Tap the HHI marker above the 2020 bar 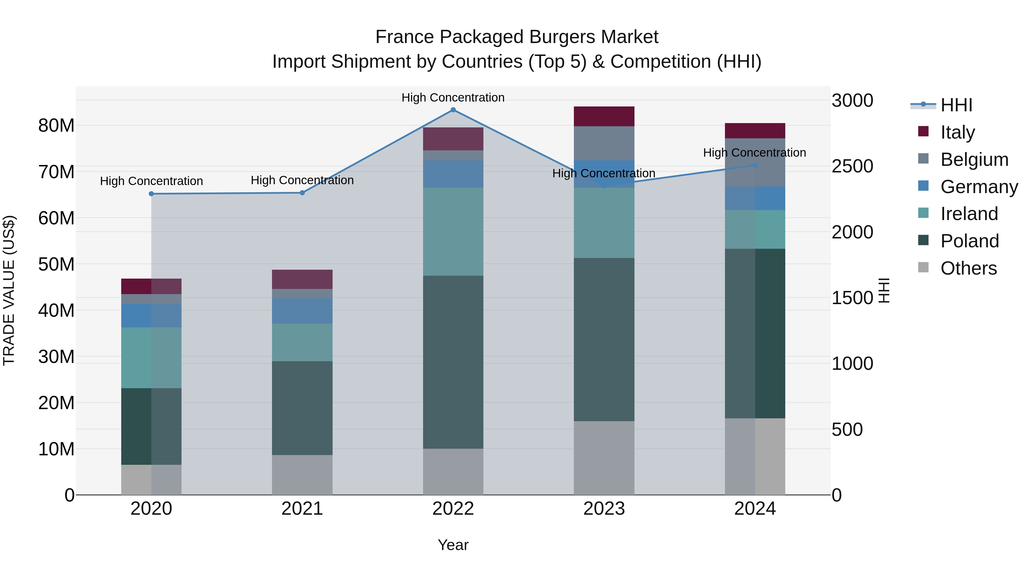tap(151, 194)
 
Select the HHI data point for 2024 tap(755, 165)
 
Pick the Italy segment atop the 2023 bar tap(604, 116)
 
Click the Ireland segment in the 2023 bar tap(604, 223)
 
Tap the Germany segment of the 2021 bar tap(302, 311)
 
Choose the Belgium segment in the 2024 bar tap(755, 162)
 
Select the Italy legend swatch tap(923, 131)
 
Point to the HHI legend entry tap(956, 105)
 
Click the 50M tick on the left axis tap(56, 264)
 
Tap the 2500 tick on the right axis tap(852, 166)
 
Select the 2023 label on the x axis tap(604, 509)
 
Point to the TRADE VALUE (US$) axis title tap(9, 290)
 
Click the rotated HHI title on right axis tap(884, 290)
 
